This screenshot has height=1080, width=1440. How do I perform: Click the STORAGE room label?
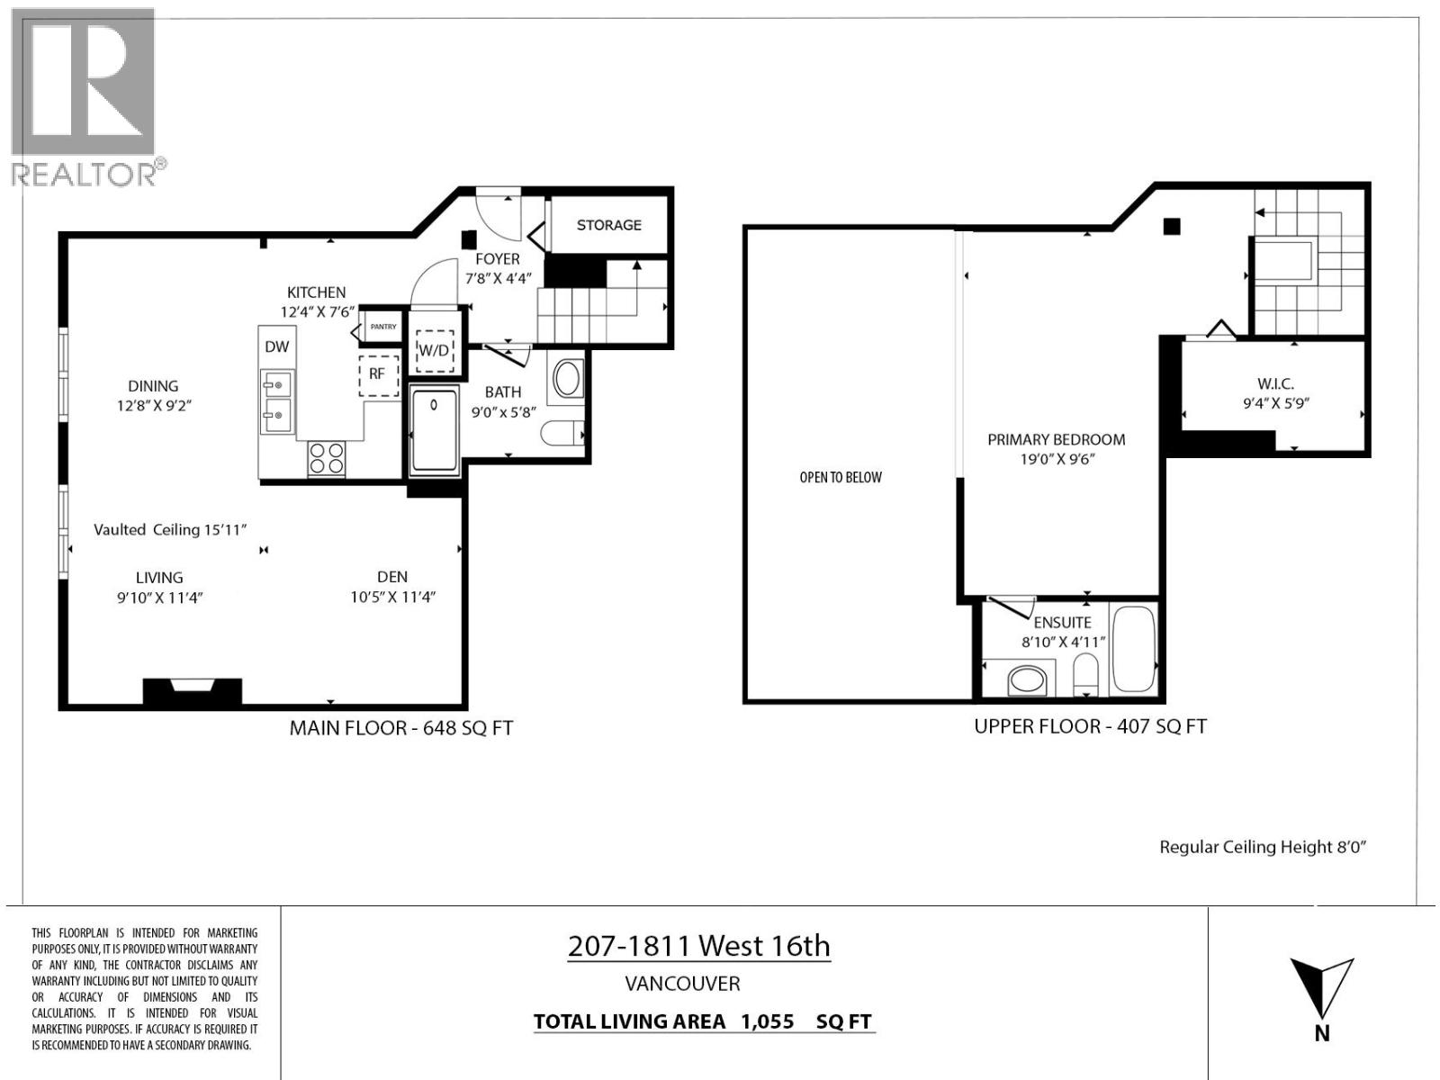pos(608,225)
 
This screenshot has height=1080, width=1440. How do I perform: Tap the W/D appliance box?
pos(434,349)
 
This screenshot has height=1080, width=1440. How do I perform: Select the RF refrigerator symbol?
pos(378,374)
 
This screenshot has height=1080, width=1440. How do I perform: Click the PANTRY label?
pos(382,327)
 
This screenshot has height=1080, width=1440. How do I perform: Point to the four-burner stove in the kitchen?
pos(327,459)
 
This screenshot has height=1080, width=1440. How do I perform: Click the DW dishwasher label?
pos(276,346)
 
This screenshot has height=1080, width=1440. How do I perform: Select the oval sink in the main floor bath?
pos(567,379)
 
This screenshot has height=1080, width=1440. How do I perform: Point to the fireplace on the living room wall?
pos(193,690)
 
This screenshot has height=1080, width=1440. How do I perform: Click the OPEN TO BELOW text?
pos(841,478)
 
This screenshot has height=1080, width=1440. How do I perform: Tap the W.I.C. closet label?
pos(1275,384)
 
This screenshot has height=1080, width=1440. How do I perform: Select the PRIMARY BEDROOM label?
pos(1056,440)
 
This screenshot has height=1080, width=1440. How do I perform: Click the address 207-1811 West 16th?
pos(698,946)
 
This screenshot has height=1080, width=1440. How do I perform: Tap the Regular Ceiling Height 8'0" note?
pos(1263,847)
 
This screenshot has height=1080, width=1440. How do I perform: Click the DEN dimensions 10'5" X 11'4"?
pos(393,597)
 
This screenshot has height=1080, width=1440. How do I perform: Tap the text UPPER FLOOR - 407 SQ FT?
pos(1090,726)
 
